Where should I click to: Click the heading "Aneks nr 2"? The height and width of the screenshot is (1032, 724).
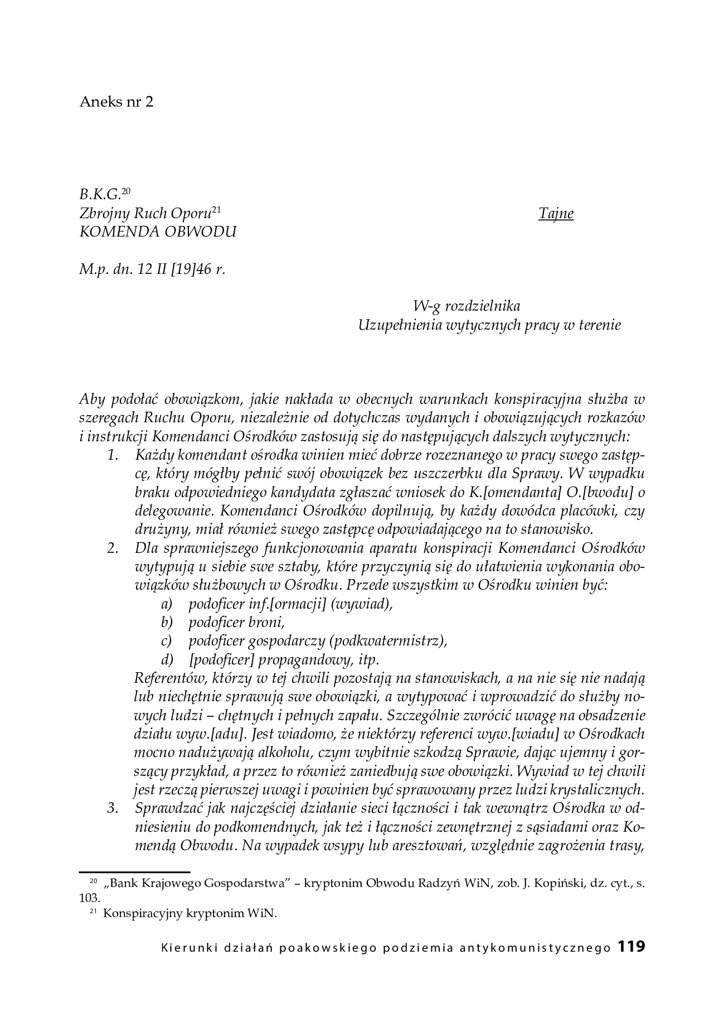click(116, 102)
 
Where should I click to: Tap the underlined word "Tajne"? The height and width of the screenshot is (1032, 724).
click(556, 214)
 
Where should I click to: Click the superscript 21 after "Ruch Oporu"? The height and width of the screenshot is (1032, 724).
click(217, 210)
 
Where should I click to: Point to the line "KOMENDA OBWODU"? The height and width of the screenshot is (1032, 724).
click(158, 232)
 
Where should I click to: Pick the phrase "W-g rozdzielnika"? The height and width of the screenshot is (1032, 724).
click(467, 306)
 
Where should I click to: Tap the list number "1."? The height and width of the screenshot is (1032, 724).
click(114, 455)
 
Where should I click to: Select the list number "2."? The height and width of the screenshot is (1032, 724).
click(114, 548)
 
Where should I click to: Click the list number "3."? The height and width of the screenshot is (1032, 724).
click(114, 808)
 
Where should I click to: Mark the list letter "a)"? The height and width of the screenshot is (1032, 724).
click(167, 604)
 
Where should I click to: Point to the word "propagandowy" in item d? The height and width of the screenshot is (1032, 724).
click(304, 659)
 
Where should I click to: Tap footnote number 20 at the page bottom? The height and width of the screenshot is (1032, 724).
click(93, 881)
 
